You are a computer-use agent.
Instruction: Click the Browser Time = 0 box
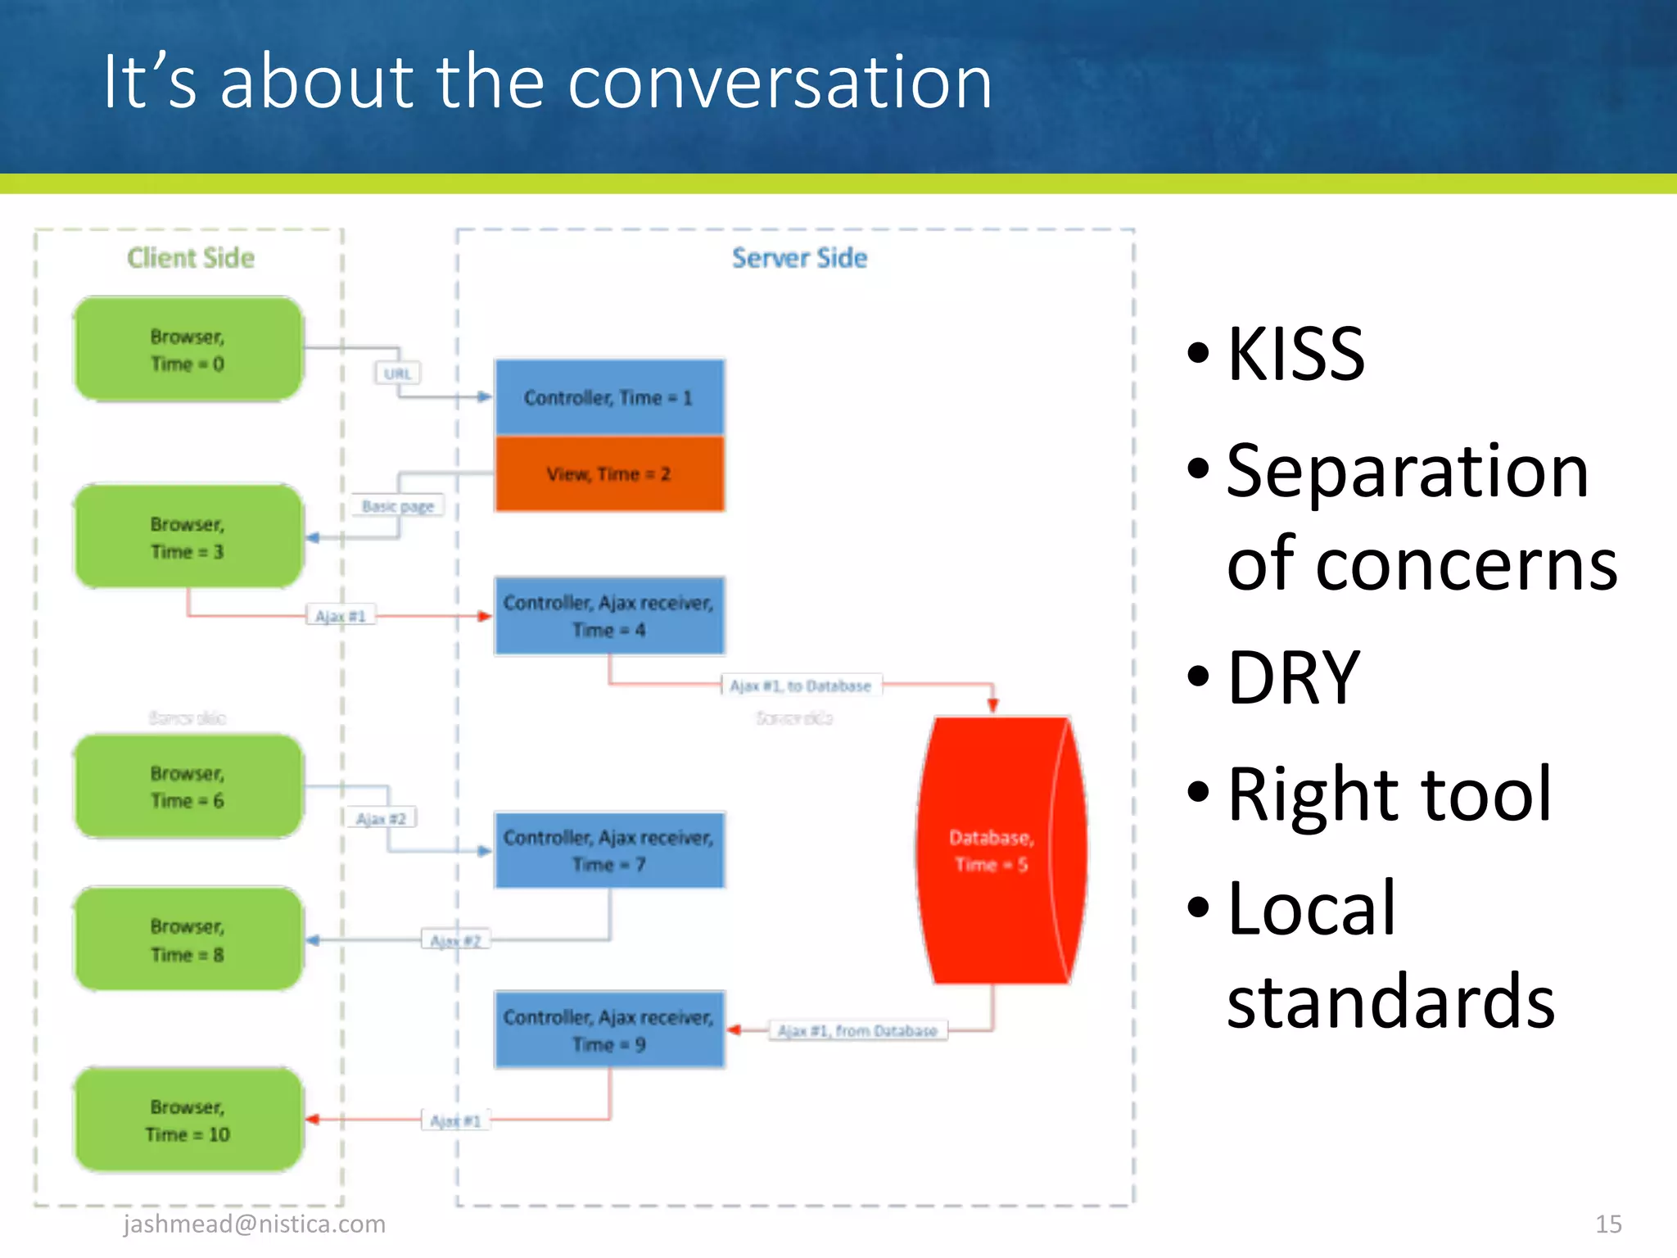coord(188,350)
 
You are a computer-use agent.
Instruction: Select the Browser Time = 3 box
coord(188,536)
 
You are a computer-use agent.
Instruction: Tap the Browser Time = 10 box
coord(188,1120)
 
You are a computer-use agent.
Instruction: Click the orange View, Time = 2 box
coord(609,474)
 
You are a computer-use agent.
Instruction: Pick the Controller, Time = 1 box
coord(609,397)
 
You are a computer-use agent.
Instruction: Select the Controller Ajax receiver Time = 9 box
coord(609,1029)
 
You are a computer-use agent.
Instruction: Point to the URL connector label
coord(398,373)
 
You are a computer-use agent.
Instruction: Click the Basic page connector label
coord(398,506)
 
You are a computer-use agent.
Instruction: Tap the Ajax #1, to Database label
coord(801,686)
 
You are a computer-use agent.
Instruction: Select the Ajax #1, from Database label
coord(857,1030)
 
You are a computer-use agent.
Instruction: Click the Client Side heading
coord(191,258)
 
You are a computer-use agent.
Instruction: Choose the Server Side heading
coord(799,258)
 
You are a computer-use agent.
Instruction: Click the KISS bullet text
coord(1296,354)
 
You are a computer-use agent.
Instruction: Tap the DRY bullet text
coord(1294,677)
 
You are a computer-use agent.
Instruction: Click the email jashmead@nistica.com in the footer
coord(255,1224)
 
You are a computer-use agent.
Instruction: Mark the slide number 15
coord(1608,1224)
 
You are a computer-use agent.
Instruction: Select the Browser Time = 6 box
coord(188,786)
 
